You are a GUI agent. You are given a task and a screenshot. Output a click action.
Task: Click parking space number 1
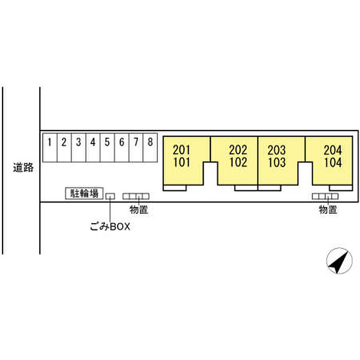49,149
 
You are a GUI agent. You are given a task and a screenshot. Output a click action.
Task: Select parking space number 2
63,149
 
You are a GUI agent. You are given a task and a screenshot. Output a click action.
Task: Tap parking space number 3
78,149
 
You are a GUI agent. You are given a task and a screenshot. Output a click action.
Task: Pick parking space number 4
93,149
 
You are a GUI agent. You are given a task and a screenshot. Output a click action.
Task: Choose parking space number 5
107,149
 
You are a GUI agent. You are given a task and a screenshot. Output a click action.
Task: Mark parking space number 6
121,149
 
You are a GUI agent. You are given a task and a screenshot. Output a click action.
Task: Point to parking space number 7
136,149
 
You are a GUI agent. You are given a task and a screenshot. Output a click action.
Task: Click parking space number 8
150,149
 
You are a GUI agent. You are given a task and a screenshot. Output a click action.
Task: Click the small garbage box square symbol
111,196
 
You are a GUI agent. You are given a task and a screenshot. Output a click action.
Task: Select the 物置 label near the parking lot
139,209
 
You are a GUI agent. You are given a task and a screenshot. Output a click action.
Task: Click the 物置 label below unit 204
328,209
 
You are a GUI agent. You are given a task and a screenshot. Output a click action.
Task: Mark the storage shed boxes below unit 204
326,196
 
